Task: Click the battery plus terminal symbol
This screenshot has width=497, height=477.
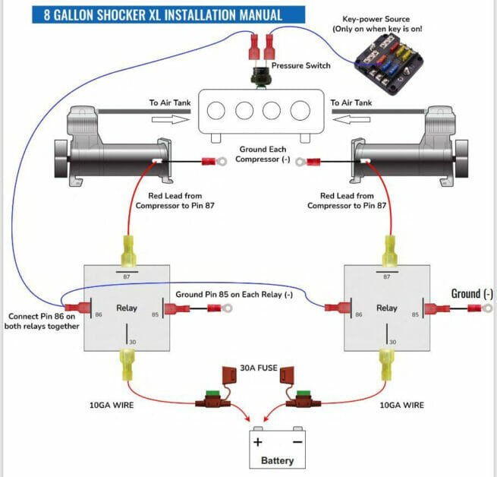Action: click(258, 442)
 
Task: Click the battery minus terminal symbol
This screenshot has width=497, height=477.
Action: click(297, 442)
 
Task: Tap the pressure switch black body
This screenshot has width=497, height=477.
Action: click(260, 77)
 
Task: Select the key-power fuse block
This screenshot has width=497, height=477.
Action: click(389, 64)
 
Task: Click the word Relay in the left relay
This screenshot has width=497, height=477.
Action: click(127, 308)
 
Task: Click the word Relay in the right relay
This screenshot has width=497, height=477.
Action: click(387, 308)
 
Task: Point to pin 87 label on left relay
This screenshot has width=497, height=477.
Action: click(127, 276)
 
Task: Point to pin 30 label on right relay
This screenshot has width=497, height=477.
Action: click(393, 342)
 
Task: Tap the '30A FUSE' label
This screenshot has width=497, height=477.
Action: click(259, 368)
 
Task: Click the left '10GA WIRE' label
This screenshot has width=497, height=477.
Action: click(112, 406)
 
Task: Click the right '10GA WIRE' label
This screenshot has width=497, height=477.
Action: click(402, 406)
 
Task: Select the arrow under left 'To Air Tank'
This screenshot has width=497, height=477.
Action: click(171, 120)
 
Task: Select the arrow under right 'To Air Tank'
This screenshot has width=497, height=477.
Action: click(351, 120)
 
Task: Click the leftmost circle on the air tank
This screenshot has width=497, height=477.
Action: click(215, 111)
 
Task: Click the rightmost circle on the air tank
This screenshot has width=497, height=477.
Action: click(300, 111)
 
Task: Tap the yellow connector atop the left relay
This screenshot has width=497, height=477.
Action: click(129, 251)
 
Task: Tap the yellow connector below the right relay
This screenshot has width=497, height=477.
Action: click(387, 365)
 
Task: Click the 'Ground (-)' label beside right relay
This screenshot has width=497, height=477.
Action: click(472, 294)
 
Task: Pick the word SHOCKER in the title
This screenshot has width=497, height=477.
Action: click(121, 15)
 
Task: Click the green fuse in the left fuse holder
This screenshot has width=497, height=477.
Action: click(212, 394)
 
